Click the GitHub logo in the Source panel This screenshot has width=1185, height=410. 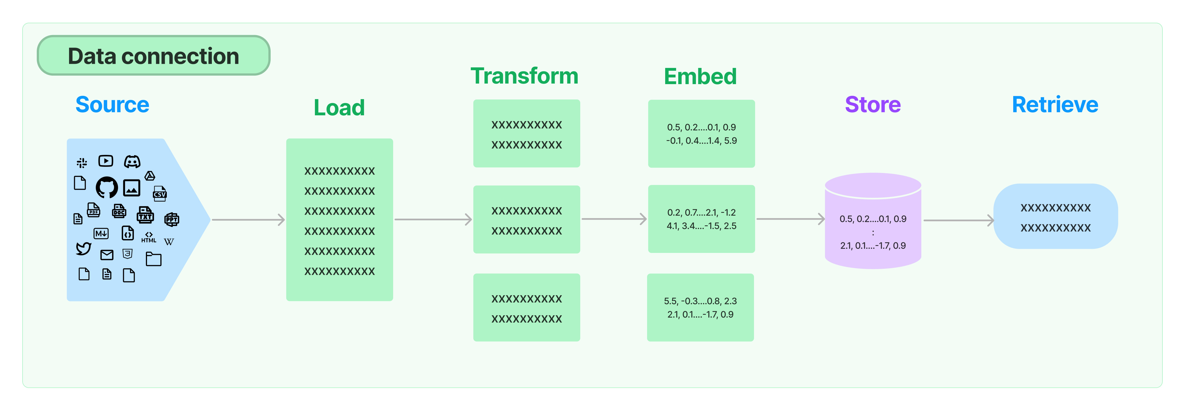[x=107, y=187]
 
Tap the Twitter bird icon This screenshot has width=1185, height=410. [x=83, y=248]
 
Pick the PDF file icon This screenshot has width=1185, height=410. [x=94, y=210]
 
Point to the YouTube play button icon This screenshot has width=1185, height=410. [x=106, y=161]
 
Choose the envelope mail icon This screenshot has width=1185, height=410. [x=107, y=255]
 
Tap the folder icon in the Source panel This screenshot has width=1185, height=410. [x=154, y=259]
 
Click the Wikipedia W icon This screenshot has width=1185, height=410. [x=169, y=241]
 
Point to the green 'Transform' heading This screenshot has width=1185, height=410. [x=524, y=76]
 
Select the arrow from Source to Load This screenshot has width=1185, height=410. [x=248, y=220]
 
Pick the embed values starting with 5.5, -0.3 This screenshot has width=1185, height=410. [x=700, y=307]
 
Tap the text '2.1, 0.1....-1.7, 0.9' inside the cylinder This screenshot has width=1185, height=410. [x=873, y=246]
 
